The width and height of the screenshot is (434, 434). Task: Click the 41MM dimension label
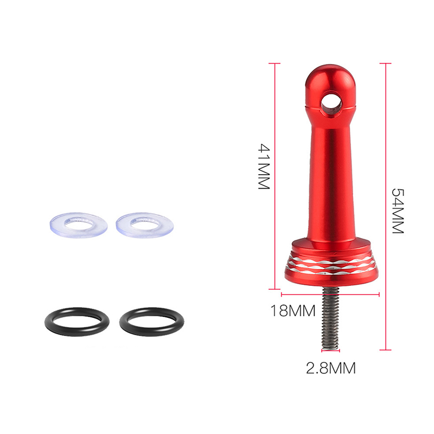click(x=264, y=167)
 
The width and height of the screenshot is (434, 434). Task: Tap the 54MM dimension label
click(x=398, y=211)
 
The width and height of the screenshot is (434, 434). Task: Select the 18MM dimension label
click(x=293, y=310)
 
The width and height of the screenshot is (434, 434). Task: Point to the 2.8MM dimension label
click(x=331, y=368)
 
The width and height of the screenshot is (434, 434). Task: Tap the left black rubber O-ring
click(x=50, y=322)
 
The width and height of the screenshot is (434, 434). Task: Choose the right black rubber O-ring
click(x=125, y=322)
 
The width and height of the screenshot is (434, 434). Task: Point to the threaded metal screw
click(x=331, y=318)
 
